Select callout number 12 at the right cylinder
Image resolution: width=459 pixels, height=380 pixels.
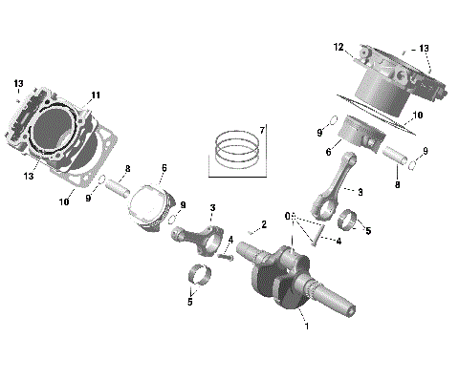pyautogui.click(x=338, y=47)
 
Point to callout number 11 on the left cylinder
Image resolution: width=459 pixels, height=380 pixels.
pyautogui.click(x=95, y=95)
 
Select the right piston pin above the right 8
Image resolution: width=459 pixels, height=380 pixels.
pyautogui.click(x=394, y=152)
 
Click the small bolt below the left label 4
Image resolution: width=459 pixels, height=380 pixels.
pyautogui.click(x=227, y=255)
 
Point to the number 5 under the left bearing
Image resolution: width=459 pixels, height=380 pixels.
pyautogui.click(x=190, y=302)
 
